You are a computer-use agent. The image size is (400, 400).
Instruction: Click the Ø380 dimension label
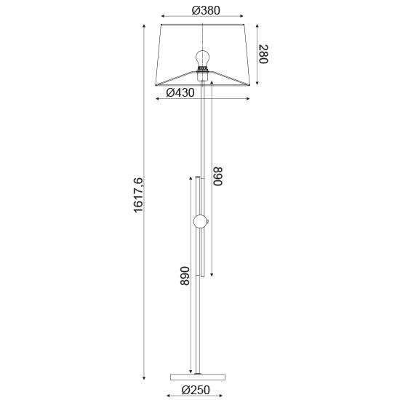(206, 10)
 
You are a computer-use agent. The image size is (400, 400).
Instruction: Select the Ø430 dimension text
(180, 92)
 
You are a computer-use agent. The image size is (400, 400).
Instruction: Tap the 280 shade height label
(263, 54)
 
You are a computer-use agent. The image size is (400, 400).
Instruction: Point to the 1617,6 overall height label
(139, 195)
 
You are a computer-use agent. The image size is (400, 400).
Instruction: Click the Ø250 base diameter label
(196, 390)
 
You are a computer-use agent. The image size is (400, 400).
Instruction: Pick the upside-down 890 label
(217, 176)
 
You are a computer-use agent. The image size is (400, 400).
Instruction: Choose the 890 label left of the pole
(185, 276)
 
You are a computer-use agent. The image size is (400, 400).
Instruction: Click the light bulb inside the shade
(203, 58)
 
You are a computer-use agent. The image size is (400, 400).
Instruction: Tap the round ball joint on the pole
(200, 222)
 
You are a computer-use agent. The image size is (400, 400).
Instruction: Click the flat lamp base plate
(198, 377)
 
